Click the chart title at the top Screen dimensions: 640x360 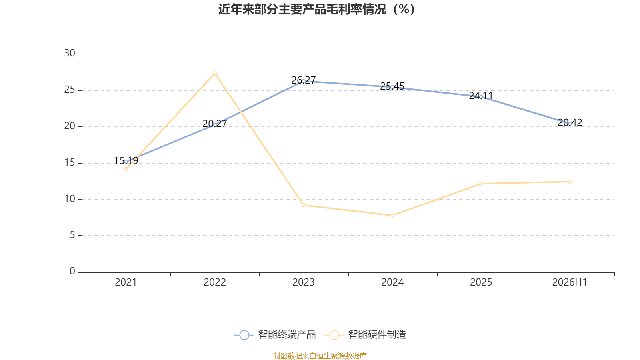pos(316,10)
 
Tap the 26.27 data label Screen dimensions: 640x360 pos(304,80)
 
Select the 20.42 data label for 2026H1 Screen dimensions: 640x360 pos(570,122)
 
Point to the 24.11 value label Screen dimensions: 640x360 pos(481,96)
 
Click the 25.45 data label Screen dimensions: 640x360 pos(392,86)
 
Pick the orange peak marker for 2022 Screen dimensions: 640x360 pos(215,74)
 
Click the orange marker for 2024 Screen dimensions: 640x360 pos(392,216)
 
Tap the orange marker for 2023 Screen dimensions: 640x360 pos(304,205)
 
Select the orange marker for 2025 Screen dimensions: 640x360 pos(481,184)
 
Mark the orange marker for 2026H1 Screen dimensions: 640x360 pos(570,182)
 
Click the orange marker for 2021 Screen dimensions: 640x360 pos(126,169)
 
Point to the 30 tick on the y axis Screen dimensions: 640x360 pos(70,54)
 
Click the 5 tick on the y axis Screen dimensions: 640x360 pos(72,235)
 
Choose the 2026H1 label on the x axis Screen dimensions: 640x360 pos(570,282)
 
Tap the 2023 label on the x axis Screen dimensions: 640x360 pos(304,282)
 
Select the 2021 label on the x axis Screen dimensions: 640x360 pos(126,282)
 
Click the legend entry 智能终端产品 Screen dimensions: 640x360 pos(275,334)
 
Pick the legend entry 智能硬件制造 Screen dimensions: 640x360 pos(365,334)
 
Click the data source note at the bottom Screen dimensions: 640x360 pos(320,356)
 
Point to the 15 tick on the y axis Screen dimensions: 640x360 pos(70,163)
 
